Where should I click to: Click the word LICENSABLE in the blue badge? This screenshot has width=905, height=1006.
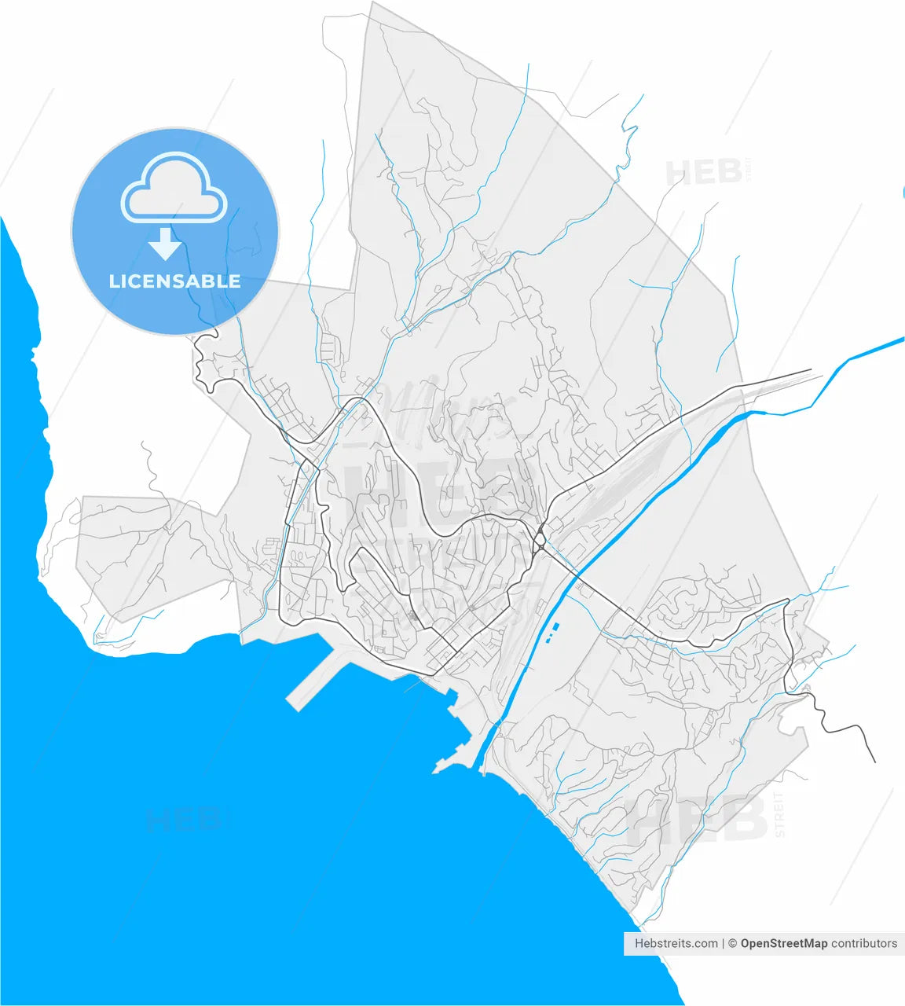(174, 281)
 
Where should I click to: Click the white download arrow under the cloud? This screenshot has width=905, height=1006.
(165, 244)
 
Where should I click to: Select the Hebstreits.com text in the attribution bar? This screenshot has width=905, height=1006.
(676, 943)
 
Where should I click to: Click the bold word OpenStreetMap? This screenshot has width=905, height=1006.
(783, 943)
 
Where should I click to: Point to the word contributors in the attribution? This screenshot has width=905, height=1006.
(864, 943)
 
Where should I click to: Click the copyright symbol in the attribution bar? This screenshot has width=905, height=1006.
(732, 943)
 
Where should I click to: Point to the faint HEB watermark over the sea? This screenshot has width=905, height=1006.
(182, 820)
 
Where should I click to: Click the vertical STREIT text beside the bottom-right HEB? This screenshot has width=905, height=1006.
(779, 814)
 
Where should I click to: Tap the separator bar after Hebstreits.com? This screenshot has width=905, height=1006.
(724, 943)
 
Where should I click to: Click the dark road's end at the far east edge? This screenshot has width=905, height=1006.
(874, 761)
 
